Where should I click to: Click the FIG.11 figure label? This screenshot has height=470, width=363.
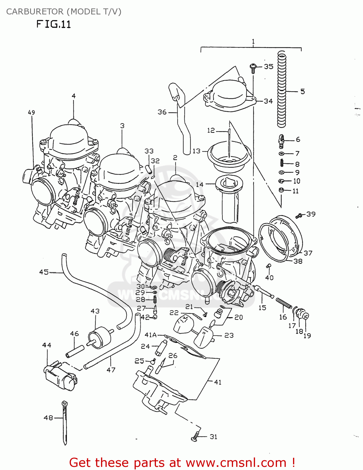[53, 24]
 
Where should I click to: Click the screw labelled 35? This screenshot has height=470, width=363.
[253, 68]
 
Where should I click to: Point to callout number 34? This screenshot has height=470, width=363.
[268, 101]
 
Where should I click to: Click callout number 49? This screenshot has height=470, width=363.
[31, 112]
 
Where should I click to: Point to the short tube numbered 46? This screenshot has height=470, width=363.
[75, 351]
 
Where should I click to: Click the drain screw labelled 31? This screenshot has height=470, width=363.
[195, 436]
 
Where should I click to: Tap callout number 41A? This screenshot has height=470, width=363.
[151, 335]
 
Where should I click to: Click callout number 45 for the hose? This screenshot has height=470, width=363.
[44, 272]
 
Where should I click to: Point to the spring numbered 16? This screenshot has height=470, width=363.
[284, 304]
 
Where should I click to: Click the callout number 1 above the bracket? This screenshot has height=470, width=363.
[253, 42]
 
